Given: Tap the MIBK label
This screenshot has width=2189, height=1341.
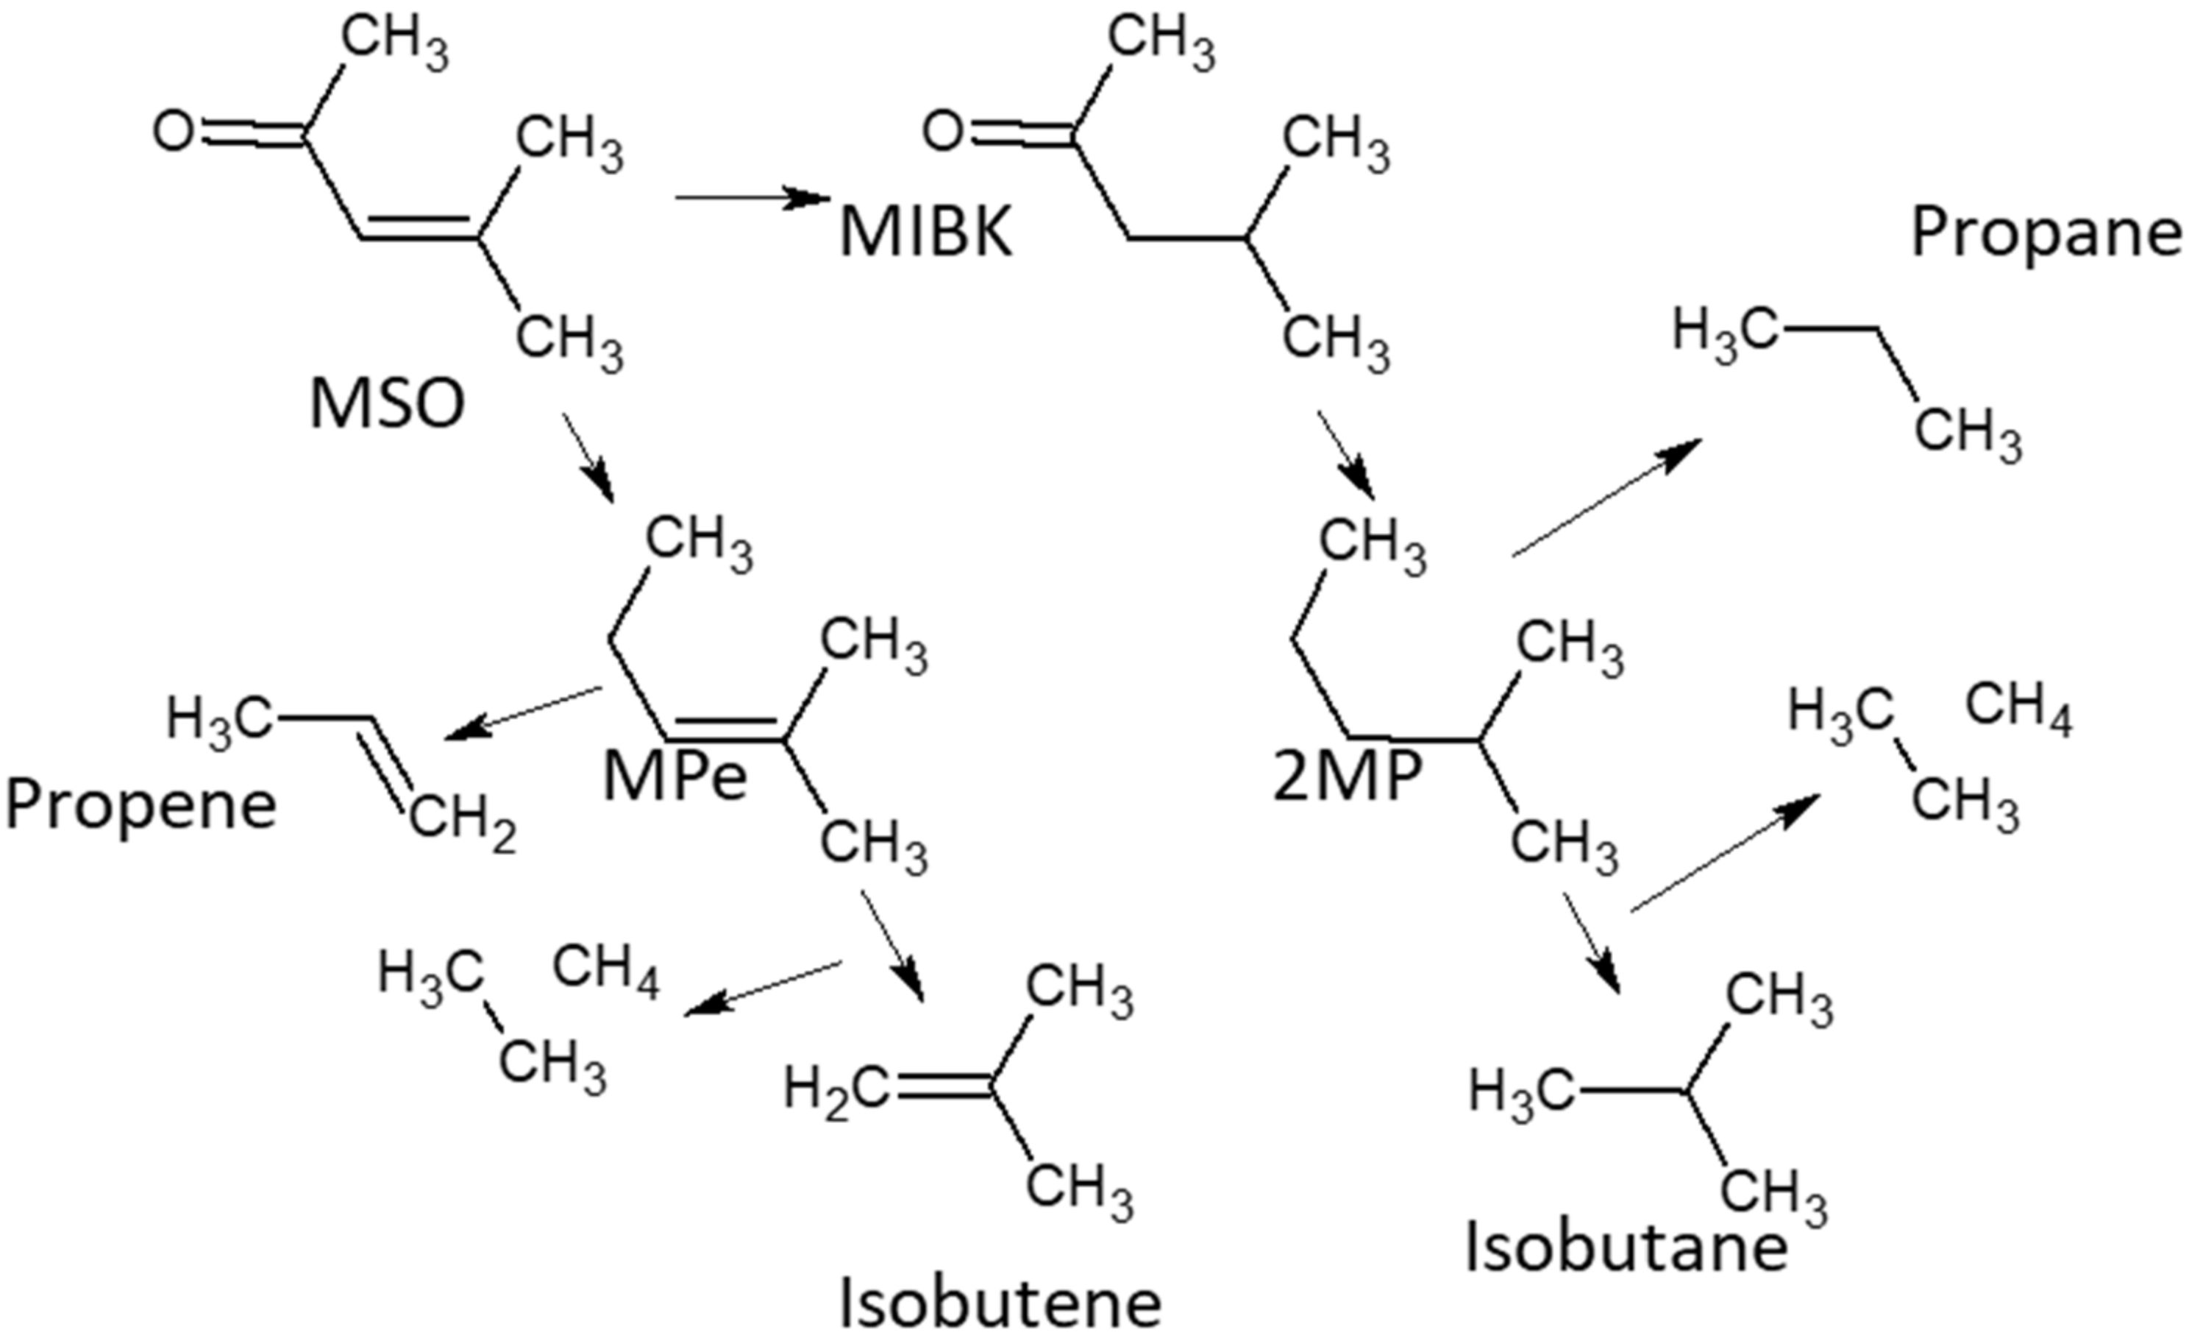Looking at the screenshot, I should (926, 233).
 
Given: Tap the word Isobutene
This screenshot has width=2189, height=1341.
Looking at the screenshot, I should (1000, 1303).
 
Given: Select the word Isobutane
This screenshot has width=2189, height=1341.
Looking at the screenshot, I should (1626, 1247).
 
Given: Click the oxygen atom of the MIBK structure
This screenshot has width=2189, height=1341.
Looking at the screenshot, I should (942, 132).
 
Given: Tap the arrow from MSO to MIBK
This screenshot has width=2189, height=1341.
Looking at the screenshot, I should (752, 197).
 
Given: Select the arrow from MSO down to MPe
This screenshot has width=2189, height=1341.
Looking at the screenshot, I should (588, 457).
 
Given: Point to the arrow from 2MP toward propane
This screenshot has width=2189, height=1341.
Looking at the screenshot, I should (1606, 498).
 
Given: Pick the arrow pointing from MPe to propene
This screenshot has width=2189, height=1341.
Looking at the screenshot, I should (522, 712).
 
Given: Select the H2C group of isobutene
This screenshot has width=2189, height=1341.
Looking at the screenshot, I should (835, 1089).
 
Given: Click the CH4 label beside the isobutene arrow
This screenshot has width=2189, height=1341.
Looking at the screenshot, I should (606, 969).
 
